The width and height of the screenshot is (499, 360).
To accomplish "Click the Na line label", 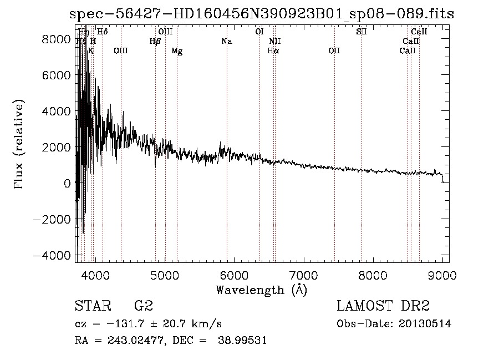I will [x=226, y=41].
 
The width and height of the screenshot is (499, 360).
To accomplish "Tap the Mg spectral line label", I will [x=177, y=51].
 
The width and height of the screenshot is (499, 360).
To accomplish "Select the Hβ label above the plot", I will [x=155, y=41].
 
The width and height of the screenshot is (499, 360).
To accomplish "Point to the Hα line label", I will [x=273, y=51].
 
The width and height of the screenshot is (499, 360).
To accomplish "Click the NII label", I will [x=275, y=41].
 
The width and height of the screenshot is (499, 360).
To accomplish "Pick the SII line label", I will [x=361, y=32].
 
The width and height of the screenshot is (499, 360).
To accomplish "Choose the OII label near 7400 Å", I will [x=334, y=51].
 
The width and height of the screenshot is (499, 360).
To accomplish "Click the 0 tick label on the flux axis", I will [x=67, y=183].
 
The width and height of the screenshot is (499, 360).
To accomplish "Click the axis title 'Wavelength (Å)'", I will [x=261, y=290].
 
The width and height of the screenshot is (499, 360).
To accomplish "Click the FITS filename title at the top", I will [x=261, y=14].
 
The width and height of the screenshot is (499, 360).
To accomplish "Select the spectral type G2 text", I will [x=143, y=307].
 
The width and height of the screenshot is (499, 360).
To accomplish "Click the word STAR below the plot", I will [x=93, y=307].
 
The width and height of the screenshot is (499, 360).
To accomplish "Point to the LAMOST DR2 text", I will [x=383, y=307].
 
